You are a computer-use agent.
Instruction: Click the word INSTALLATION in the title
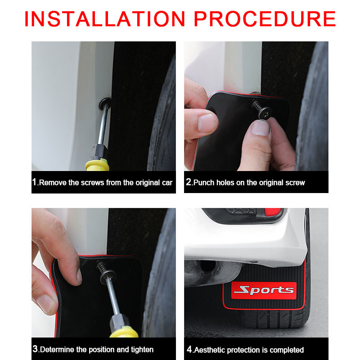[104, 19]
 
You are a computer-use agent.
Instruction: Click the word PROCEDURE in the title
[265, 19]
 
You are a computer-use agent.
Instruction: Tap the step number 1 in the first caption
[34, 182]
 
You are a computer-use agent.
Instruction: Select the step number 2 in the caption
[189, 182]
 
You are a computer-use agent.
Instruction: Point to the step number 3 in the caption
[35, 349]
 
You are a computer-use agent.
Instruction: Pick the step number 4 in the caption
[189, 349]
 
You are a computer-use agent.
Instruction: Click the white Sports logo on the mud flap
[264, 290]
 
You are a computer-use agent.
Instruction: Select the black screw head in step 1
[105, 103]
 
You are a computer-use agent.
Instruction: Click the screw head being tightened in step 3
[108, 276]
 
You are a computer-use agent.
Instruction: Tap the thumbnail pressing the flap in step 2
[261, 128]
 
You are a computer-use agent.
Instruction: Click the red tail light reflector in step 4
[273, 211]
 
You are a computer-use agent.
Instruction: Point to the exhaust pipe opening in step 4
[208, 266]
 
